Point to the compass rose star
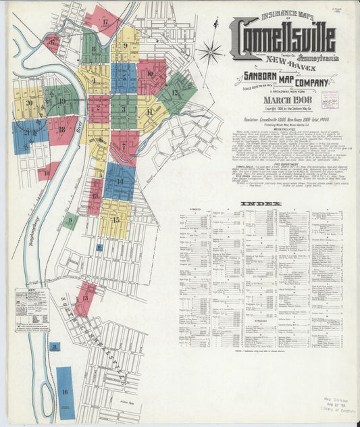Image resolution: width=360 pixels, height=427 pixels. coord(211,51)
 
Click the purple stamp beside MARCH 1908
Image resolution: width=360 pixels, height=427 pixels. coord(329,100)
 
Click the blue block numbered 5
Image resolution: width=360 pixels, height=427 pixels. coord(124,77)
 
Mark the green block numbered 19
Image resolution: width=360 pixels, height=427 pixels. coord(61,100)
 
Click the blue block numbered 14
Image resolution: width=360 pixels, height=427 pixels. coord(119,180)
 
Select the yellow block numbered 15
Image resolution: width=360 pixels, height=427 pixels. coord(114,219)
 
